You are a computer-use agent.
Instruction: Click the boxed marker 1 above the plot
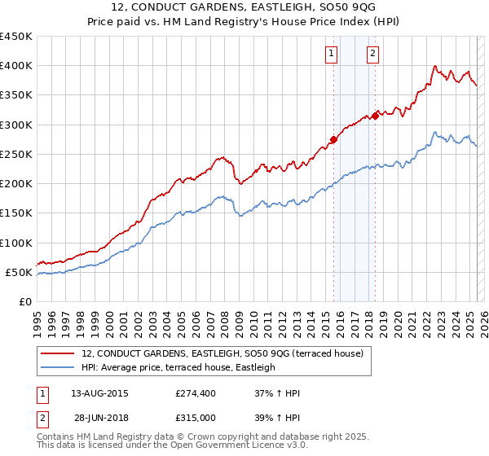(332, 55)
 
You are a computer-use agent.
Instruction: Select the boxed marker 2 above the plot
(372, 55)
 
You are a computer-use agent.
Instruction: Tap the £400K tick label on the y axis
(16, 66)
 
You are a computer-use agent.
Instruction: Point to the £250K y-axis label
(16, 154)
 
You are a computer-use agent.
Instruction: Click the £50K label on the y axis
(20, 272)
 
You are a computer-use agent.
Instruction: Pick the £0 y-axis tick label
(26, 301)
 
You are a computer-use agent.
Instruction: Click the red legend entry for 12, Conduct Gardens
(227, 353)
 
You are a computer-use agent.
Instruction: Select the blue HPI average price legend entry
(178, 367)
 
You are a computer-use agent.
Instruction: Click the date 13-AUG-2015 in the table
(100, 393)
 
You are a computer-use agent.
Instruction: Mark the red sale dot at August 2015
(333, 139)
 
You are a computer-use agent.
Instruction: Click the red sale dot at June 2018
(375, 116)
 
